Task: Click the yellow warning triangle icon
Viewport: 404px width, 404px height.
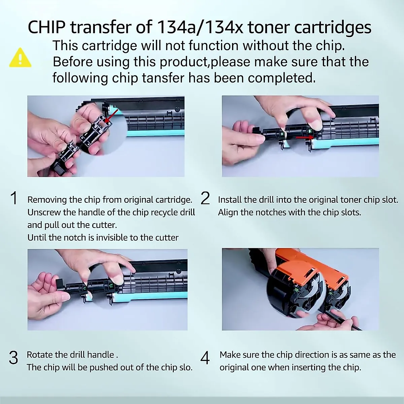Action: point(21,58)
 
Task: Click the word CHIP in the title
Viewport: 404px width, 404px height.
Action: point(46,27)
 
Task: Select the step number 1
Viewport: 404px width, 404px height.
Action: point(14,198)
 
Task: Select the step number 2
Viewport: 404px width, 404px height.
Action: point(205,198)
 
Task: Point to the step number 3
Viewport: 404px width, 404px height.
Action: point(13,358)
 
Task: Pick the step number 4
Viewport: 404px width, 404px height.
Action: point(205,358)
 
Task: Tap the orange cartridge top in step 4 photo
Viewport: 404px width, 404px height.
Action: point(303,259)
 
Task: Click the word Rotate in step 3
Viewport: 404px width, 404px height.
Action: point(39,355)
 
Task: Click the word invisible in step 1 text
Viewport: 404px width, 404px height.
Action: point(112,238)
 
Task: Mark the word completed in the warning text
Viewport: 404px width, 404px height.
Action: point(282,78)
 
